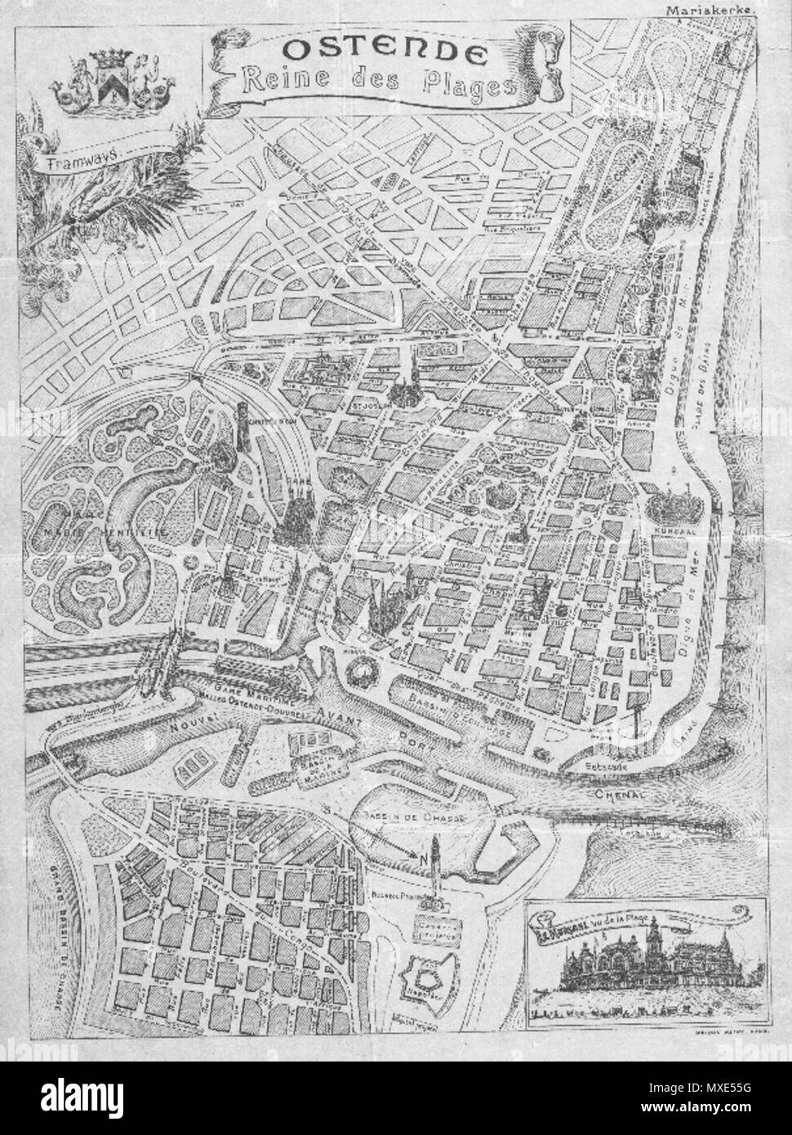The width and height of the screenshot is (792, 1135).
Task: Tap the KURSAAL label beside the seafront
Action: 671,529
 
